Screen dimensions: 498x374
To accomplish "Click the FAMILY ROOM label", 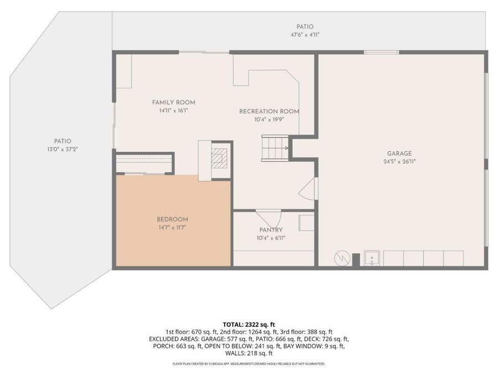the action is pyautogui.click(x=173, y=103).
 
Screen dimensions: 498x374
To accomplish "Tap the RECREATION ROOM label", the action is pyautogui.click(x=269, y=111).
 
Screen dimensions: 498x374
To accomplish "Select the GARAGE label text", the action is pyautogui.click(x=399, y=153).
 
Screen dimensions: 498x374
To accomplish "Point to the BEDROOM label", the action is pyautogui.click(x=172, y=219).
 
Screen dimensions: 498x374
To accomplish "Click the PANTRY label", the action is pyautogui.click(x=271, y=230).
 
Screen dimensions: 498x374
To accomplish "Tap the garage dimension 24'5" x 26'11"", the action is pyautogui.click(x=400, y=162).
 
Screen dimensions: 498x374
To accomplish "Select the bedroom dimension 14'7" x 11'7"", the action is pyautogui.click(x=172, y=228).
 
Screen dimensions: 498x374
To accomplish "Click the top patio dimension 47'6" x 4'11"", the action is pyautogui.click(x=305, y=35).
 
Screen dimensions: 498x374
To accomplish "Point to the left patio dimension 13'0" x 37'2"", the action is pyautogui.click(x=63, y=149).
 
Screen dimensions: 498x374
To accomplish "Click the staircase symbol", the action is pyautogui.click(x=274, y=148).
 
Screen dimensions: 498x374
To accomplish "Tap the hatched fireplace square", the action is pyautogui.click(x=220, y=158).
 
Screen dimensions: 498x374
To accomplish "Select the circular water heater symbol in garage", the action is pyautogui.click(x=343, y=258).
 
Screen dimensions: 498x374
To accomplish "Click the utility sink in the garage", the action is pyautogui.click(x=372, y=258).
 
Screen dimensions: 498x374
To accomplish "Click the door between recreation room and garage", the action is pyautogui.click(x=308, y=188).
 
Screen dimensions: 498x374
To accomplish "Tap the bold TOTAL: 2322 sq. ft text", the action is pyautogui.click(x=248, y=325).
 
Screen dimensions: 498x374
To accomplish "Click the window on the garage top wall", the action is pyautogui.click(x=381, y=52).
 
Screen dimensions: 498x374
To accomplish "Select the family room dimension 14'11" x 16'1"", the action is pyautogui.click(x=173, y=111).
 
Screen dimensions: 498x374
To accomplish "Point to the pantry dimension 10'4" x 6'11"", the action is pyautogui.click(x=271, y=238).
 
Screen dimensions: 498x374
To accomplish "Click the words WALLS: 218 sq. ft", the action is pyautogui.click(x=248, y=353).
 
